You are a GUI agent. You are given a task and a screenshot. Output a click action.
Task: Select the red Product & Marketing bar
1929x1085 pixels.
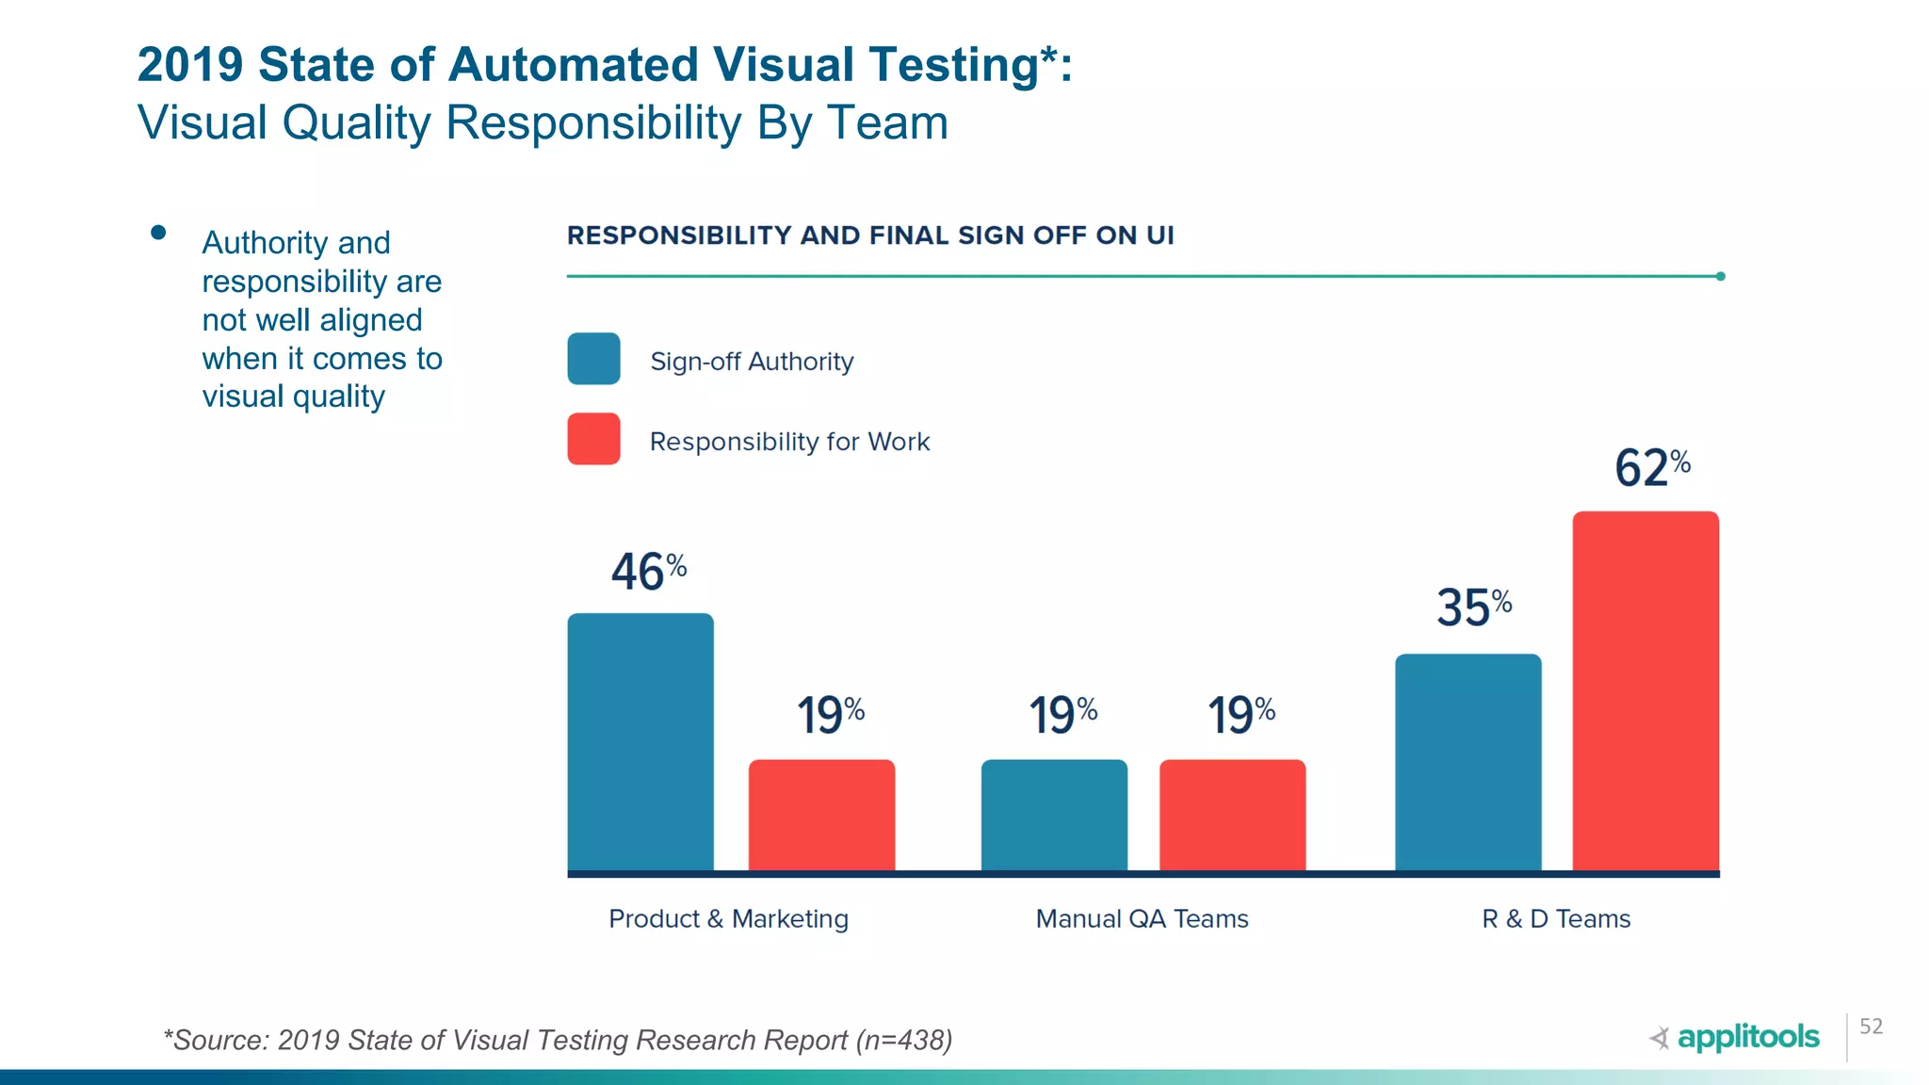point(821,815)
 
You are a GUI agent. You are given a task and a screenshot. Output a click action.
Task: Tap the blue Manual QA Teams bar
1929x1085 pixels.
point(1054,815)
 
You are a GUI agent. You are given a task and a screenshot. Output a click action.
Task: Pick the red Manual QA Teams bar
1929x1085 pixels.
point(1232,815)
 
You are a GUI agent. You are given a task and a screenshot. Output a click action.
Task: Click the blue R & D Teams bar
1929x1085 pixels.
point(1467,762)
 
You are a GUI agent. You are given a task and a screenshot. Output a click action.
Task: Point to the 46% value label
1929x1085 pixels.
point(648,572)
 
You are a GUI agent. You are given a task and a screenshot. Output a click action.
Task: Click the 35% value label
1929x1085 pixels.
point(1473,607)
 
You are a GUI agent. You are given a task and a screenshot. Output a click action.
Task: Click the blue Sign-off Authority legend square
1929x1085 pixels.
point(593,359)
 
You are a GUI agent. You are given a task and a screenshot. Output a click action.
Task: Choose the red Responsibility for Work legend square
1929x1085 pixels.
point(593,439)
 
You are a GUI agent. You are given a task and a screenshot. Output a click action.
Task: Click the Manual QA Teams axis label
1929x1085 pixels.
point(1142,918)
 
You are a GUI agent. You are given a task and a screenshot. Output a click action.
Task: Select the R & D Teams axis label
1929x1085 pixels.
point(1556,918)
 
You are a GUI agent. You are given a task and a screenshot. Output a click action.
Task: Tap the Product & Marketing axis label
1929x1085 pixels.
point(728,918)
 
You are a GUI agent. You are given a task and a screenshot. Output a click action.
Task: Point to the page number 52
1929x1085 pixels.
point(1871,1027)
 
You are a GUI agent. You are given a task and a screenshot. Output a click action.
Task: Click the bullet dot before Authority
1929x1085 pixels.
point(158,233)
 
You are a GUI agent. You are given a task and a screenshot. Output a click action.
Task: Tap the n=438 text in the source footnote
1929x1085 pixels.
point(903,1040)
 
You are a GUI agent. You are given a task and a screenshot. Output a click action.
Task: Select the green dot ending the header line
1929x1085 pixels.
point(1720,276)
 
